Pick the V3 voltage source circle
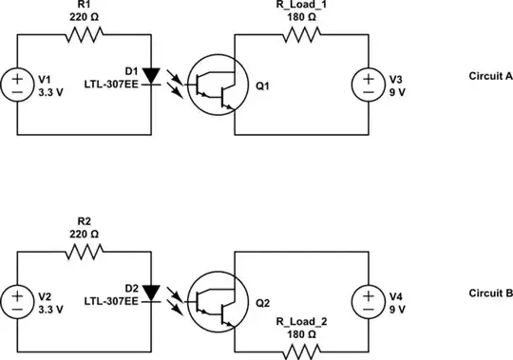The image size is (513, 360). [x=367, y=85]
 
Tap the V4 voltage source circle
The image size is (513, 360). [x=367, y=302]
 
